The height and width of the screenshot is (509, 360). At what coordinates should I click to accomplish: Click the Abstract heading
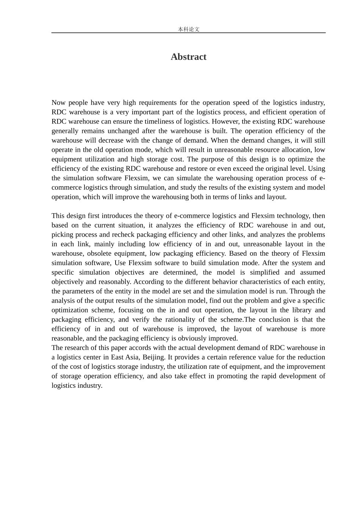click(188, 57)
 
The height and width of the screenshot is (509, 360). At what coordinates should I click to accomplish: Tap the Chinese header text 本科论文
click(188, 29)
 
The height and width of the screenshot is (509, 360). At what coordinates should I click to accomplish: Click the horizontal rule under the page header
click(188, 33)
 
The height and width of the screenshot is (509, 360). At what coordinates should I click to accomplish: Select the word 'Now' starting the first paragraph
click(58, 103)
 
